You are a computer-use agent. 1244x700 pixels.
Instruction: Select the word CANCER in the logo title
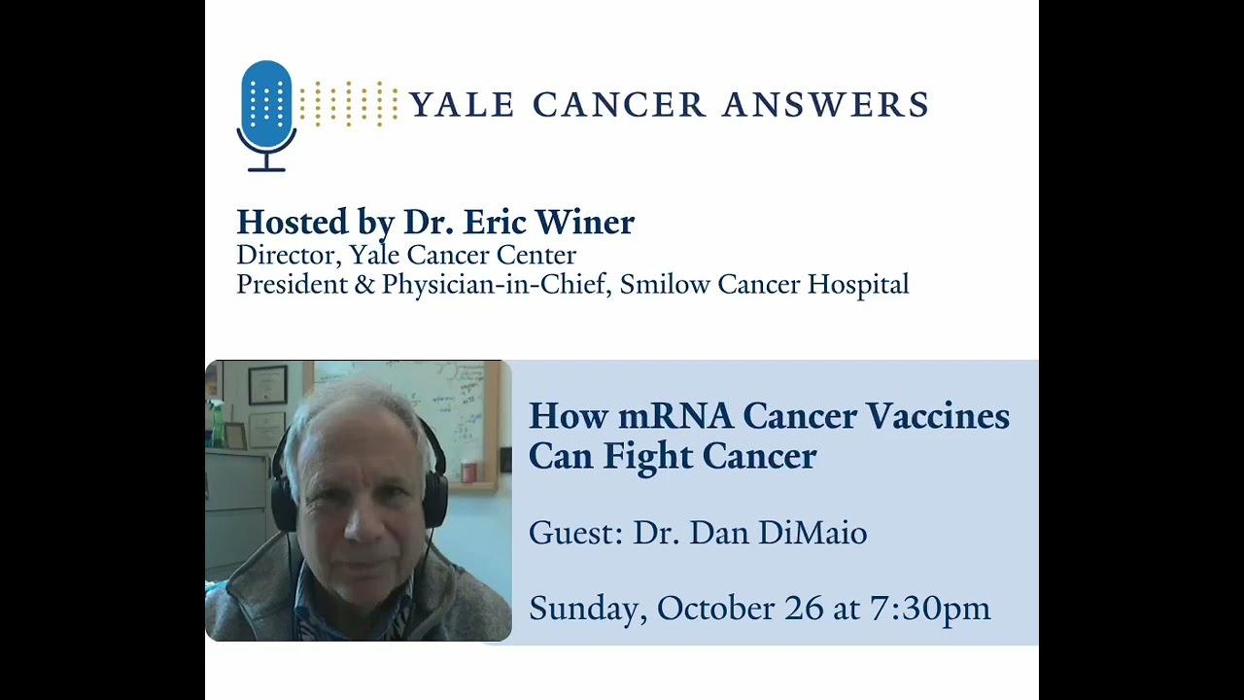point(619,105)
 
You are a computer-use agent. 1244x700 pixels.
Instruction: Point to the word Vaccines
point(938,416)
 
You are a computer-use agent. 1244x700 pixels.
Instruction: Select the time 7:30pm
point(930,609)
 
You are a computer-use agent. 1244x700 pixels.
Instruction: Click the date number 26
point(804,609)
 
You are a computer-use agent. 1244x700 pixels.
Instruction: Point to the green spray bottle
point(217,424)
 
